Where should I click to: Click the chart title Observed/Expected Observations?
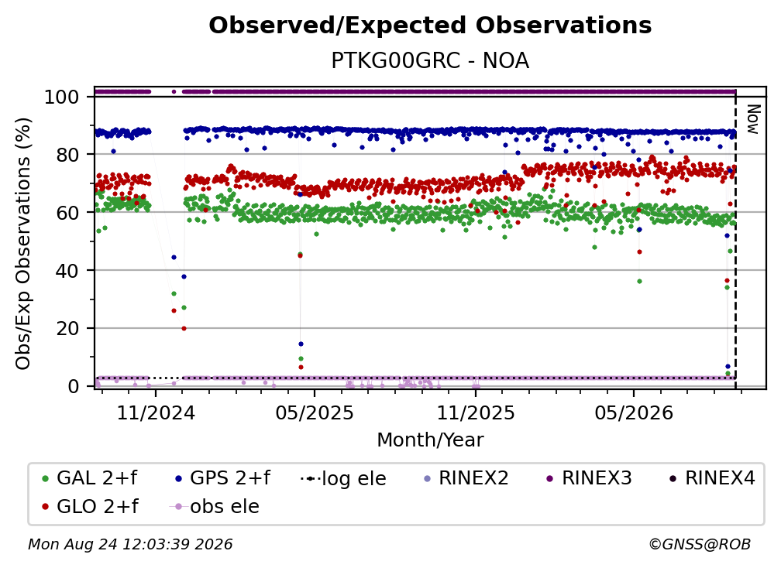[x=430, y=26]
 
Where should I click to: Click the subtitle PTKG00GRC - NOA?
[x=430, y=60]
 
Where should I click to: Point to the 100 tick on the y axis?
[x=62, y=97]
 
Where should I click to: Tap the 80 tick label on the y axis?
[x=67, y=155]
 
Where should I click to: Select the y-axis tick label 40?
[x=67, y=271]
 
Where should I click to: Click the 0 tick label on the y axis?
[x=74, y=386]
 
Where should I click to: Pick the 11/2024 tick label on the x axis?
[x=156, y=412]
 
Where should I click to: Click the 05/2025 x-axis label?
[x=315, y=412]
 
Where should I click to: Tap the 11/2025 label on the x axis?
[x=476, y=412]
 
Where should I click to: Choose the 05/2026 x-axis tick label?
[x=634, y=412]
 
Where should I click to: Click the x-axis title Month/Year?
[x=430, y=440]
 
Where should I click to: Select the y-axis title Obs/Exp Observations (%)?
[x=23, y=243]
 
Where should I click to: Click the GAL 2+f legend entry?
[x=89, y=478]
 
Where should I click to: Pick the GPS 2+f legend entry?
[x=222, y=478]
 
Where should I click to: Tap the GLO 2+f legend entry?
[x=89, y=506]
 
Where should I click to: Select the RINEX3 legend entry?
[x=589, y=478]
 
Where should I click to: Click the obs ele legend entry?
[x=215, y=506]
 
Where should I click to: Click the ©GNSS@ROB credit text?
[x=700, y=544]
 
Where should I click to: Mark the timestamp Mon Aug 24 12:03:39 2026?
[x=130, y=544]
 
